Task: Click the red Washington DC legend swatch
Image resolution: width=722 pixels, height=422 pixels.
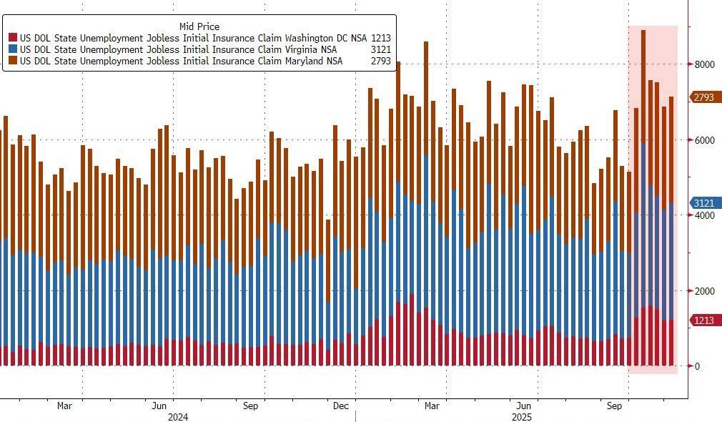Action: (x=13, y=38)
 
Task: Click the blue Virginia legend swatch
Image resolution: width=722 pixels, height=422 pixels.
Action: (x=13, y=49)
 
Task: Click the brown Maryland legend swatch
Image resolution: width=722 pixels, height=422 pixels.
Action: (x=13, y=61)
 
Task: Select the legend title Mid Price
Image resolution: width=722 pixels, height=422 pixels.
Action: (x=199, y=26)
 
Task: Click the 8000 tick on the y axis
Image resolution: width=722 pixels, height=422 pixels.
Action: (x=704, y=64)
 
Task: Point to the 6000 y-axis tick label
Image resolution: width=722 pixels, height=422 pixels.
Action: (x=704, y=140)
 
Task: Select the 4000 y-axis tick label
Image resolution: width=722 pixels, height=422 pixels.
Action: (x=704, y=215)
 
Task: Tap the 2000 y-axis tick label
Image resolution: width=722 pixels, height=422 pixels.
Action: (x=704, y=291)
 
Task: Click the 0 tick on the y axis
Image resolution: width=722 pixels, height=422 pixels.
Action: (x=697, y=366)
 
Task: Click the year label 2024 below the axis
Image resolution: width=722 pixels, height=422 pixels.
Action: (x=177, y=416)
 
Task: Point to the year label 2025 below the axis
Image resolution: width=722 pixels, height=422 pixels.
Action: (x=520, y=416)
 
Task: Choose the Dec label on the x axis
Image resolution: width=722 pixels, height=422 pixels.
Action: (x=341, y=406)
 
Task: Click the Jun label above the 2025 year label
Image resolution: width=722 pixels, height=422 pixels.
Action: (x=524, y=406)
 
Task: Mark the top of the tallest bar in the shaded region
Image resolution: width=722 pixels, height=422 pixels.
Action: (x=643, y=31)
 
